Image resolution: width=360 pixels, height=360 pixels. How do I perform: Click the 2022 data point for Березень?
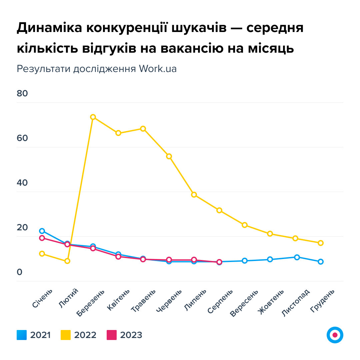pyautogui.click(x=93, y=117)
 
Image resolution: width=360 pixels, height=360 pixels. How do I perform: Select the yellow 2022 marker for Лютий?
pyautogui.click(x=67, y=261)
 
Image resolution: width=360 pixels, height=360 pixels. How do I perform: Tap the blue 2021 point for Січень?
pyautogui.click(x=42, y=231)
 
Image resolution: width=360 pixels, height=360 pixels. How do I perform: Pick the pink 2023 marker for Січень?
pyautogui.click(x=42, y=238)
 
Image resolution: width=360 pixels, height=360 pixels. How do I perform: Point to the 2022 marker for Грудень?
pyautogui.click(x=321, y=243)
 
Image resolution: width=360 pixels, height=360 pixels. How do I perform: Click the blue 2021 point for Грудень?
pyautogui.click(x=321, y=262)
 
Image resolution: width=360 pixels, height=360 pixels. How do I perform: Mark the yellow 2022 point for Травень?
pyautogui.click(x=143, y=129)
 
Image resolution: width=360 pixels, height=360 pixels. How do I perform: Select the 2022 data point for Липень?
pyautogui.click(x=194, y=195)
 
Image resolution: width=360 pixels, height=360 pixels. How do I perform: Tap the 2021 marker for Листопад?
pyautogui.click(x=297, y=257)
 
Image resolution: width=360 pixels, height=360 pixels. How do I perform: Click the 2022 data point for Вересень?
pyautogui.click(x=245, y=225)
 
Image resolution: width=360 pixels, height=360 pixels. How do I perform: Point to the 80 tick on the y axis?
pyautogui.click(x=22, y=94)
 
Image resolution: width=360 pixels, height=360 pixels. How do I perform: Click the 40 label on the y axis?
pyautogui.click(x=22, y=183)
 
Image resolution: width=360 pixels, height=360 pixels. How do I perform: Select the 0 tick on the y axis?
pyautogui.click(x=19, y=272)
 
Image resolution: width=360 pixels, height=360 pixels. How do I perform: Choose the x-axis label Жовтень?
pyautogui.click(x=271, y=301)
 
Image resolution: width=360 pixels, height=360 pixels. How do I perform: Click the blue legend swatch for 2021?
pyautogui.click(x=22, y=335)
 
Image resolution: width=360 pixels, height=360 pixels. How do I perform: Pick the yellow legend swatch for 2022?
pyautogui.click(x=66, y=335)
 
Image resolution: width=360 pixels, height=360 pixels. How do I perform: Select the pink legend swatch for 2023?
pyautogui.click(x=112, y=335)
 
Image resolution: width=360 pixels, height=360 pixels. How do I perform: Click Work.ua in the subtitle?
pyautogui.click(x=158, y=69)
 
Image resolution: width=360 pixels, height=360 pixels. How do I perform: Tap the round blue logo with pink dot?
pyautogui.click(x=335, y=335)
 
